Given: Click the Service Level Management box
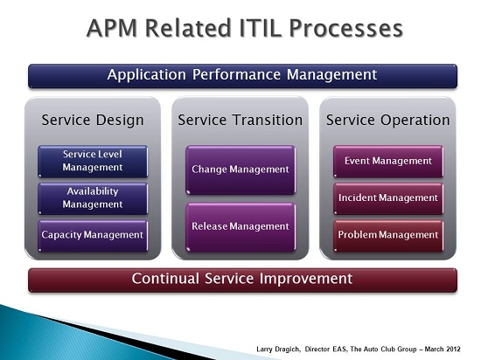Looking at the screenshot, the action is (x=93, y=162).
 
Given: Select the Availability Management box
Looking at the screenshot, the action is (x=93, y=198).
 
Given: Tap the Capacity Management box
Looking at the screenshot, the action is (x=93, y=236).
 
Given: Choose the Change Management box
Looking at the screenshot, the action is (x=240, y=170).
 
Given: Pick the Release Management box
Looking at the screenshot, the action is (x=240, y=227).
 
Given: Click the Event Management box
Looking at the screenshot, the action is (x=388, y=162).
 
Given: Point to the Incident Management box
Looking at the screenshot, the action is (x=388, y=198).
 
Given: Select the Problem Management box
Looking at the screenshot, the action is (x=388, y=236).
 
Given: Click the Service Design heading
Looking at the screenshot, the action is (x=93, y=120).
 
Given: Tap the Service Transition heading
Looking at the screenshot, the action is (x=240, y=120).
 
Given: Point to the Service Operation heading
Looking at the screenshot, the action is (x=388, y=120).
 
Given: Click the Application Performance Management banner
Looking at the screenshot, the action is (x=242, y=76).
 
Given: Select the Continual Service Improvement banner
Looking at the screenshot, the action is (x=242, y=280).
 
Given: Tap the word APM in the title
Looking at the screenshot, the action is (x=112, y=28).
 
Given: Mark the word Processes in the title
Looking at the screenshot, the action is (x=346, y=29).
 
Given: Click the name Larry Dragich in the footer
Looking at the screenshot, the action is (x=278, y=350).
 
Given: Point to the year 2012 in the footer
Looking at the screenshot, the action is (x=453, y=349).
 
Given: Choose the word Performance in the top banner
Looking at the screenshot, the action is (x=236, y=75).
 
